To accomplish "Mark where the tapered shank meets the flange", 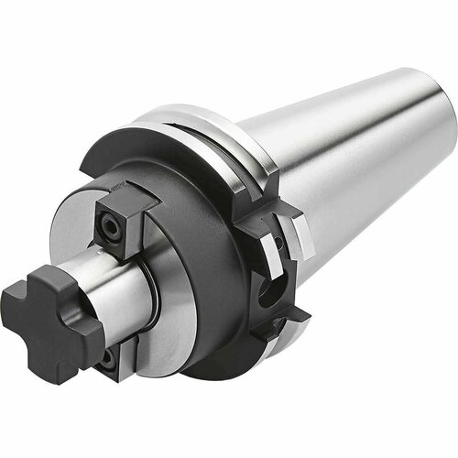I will (x=275, y=156).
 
